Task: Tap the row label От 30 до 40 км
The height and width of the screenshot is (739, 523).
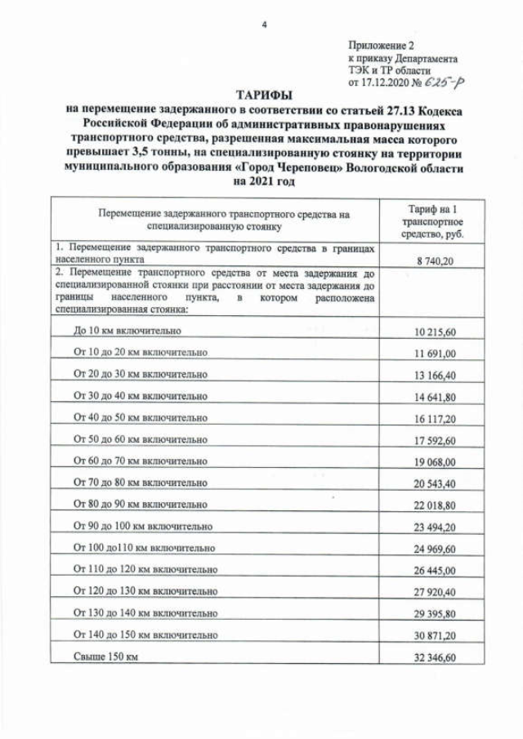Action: click(140, 395)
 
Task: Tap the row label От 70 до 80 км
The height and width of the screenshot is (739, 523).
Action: click(140, 482)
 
